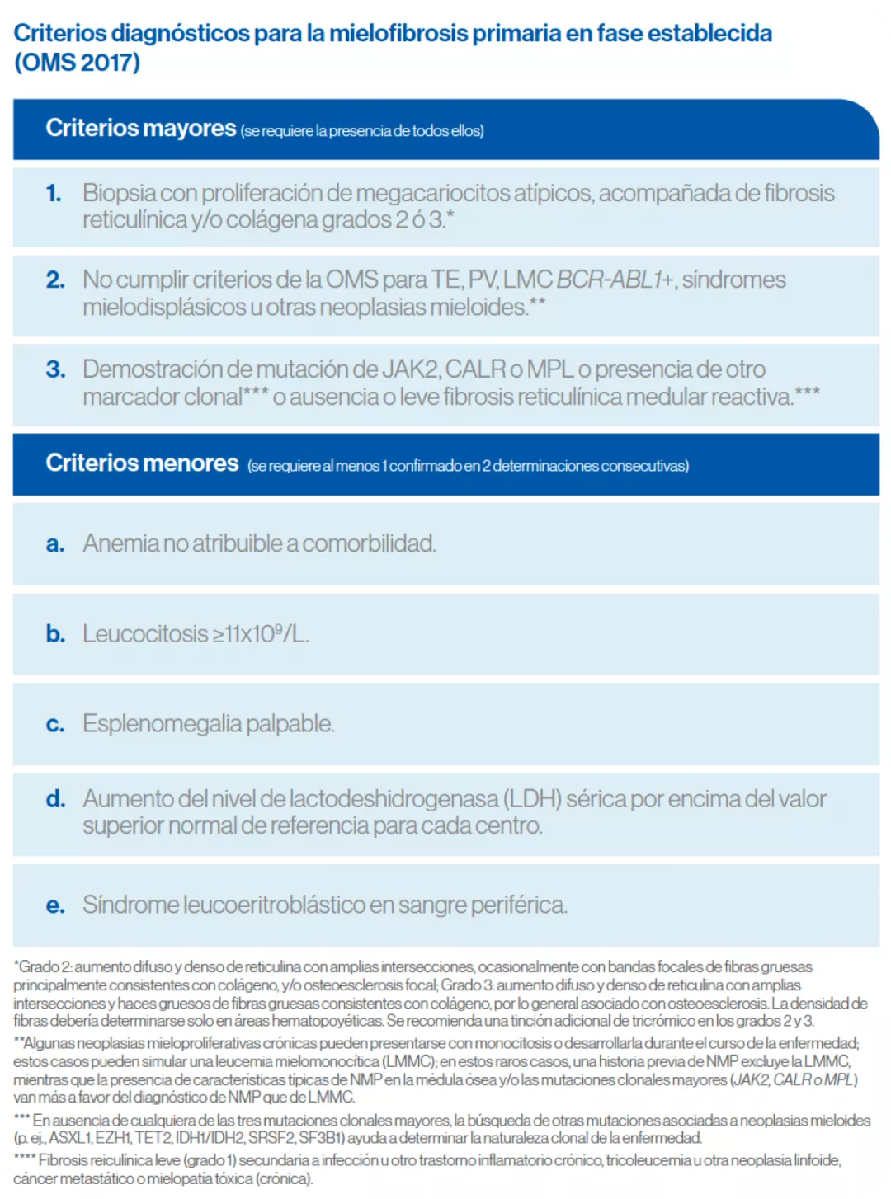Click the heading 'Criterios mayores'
click(141, 129)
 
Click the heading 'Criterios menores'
click(142, 463)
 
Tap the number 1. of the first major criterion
click(54, 193)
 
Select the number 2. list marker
click(55, 280)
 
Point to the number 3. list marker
click(55, 369)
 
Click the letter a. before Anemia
click(55, 544)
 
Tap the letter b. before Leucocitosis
click(55, 634)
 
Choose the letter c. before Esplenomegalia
click(55, 725)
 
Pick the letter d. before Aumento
click(55, 799)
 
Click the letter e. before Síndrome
click(55, 905)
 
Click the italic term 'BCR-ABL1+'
click(615, 280)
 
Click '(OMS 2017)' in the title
click(77, 63)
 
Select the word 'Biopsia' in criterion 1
click(119, 193)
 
